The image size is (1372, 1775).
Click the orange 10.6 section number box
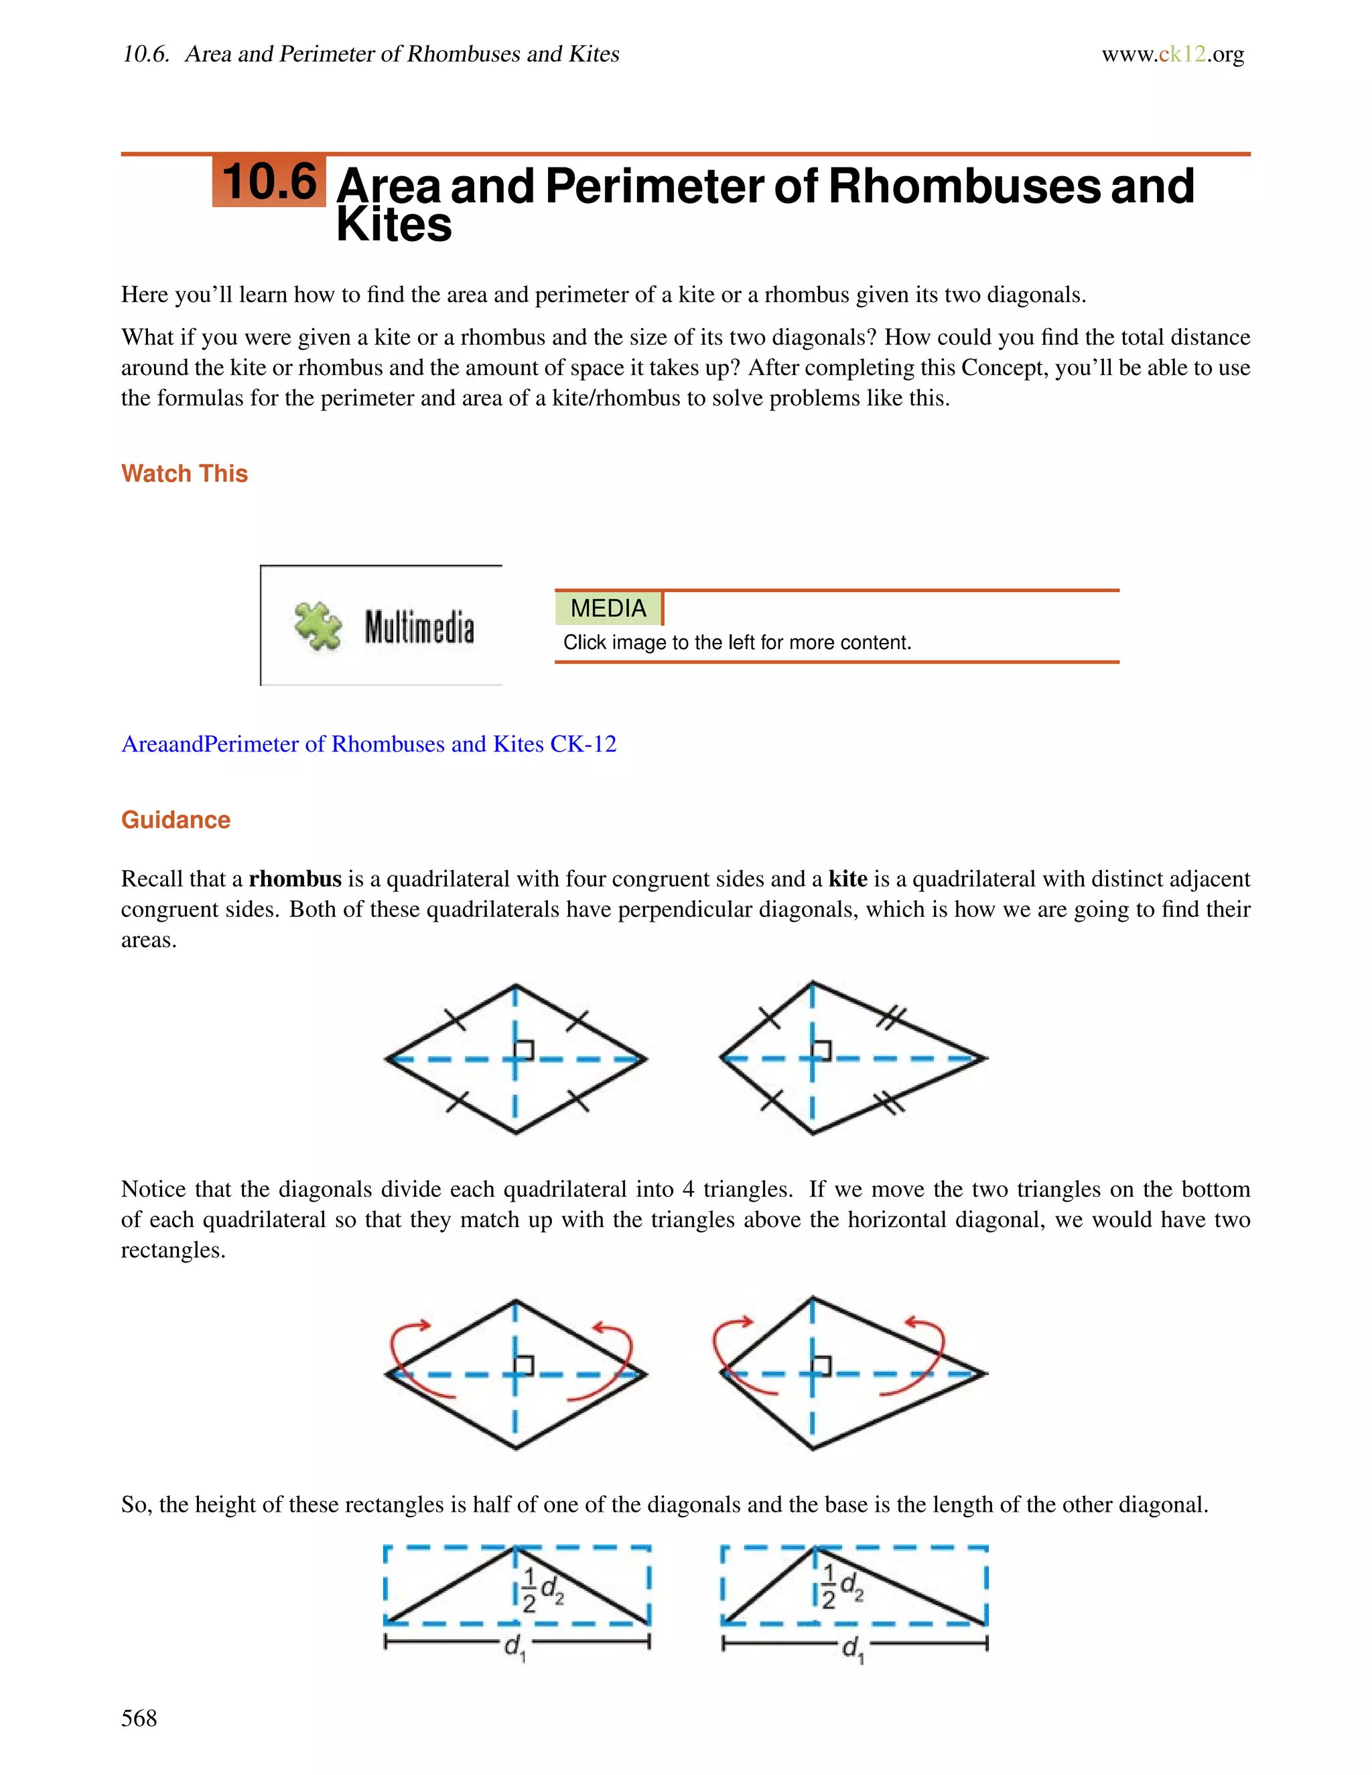tap(269, 182)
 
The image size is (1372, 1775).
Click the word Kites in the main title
tap(394, 225)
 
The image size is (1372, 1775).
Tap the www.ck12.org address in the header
tap(1172, 54)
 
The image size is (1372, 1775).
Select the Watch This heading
tap(184, 473)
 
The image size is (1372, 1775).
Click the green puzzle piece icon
tap(317, 626)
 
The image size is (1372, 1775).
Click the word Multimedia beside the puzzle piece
tap(419, 628)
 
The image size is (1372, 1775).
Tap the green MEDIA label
tap(608, 608)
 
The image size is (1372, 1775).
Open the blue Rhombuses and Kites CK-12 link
tap(368, 743)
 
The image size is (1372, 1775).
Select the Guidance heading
tap(176, 819)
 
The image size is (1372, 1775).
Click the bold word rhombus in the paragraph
tap(295, 879)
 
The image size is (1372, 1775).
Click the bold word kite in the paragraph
tap(847, 879)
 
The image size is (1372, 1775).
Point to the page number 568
tap(139, 1718)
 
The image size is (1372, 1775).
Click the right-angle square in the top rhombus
tap(525, 1049)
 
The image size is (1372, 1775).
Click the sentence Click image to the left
tap(736, 642)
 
